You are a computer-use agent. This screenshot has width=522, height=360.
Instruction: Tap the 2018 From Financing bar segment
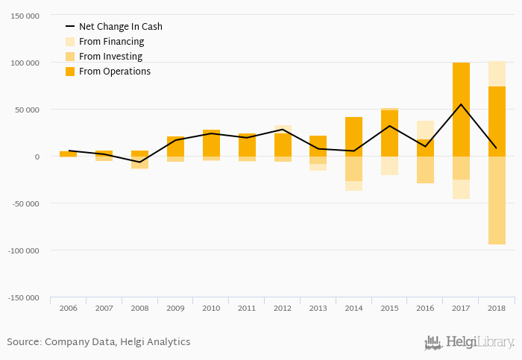tap(497, 74)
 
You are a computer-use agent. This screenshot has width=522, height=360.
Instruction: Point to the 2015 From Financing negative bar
tap(389, 165)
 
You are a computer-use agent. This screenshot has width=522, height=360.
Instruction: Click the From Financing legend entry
tap(111, 42)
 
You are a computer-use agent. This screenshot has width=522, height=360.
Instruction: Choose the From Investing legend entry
tap(110, 57)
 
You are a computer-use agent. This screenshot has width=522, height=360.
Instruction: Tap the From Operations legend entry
tap(114, 72)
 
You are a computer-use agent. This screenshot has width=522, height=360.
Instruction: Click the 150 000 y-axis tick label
tap(25, 16)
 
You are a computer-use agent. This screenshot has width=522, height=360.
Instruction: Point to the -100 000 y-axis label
tap(23, 250)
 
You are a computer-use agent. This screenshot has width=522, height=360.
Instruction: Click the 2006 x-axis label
tap(68, 308)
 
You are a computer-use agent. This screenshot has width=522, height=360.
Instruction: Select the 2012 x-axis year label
tap(283, 308)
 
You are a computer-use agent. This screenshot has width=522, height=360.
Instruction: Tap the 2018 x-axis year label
tap(497, 308)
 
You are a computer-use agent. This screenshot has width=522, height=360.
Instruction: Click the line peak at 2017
tap(461, 104)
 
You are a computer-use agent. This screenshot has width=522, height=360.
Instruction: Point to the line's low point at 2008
tap(139, 162)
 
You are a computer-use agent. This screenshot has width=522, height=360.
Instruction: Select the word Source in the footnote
tap(23, 342)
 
